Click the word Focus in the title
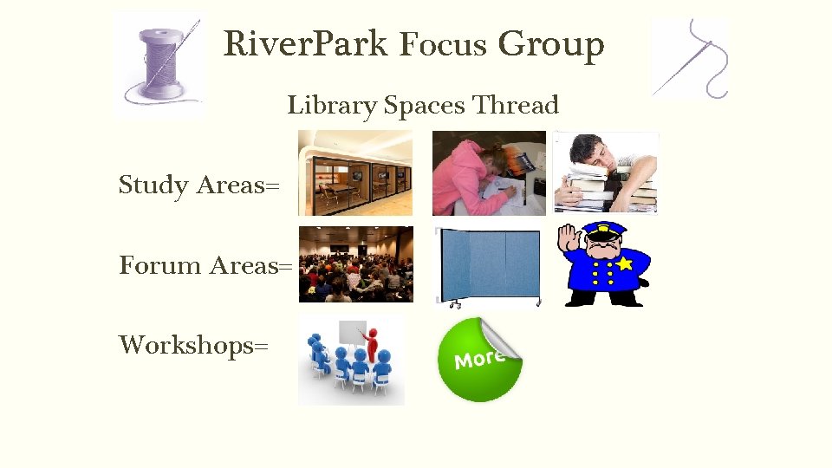click(x=443, y=43)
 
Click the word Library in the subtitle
click(x=332, y=107)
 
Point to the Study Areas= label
click(x=198, y=185)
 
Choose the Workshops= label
click(x=193, y=345)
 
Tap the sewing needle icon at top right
click(x=691, y=58)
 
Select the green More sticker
click(x=479, y=360)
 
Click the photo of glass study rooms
click(x=355, y=172)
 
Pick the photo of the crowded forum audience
click(x=355, y=264)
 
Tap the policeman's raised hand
click(x=569, y=240)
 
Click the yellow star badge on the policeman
click(x=623, y=262)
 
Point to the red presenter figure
click(x=374, y=343)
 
